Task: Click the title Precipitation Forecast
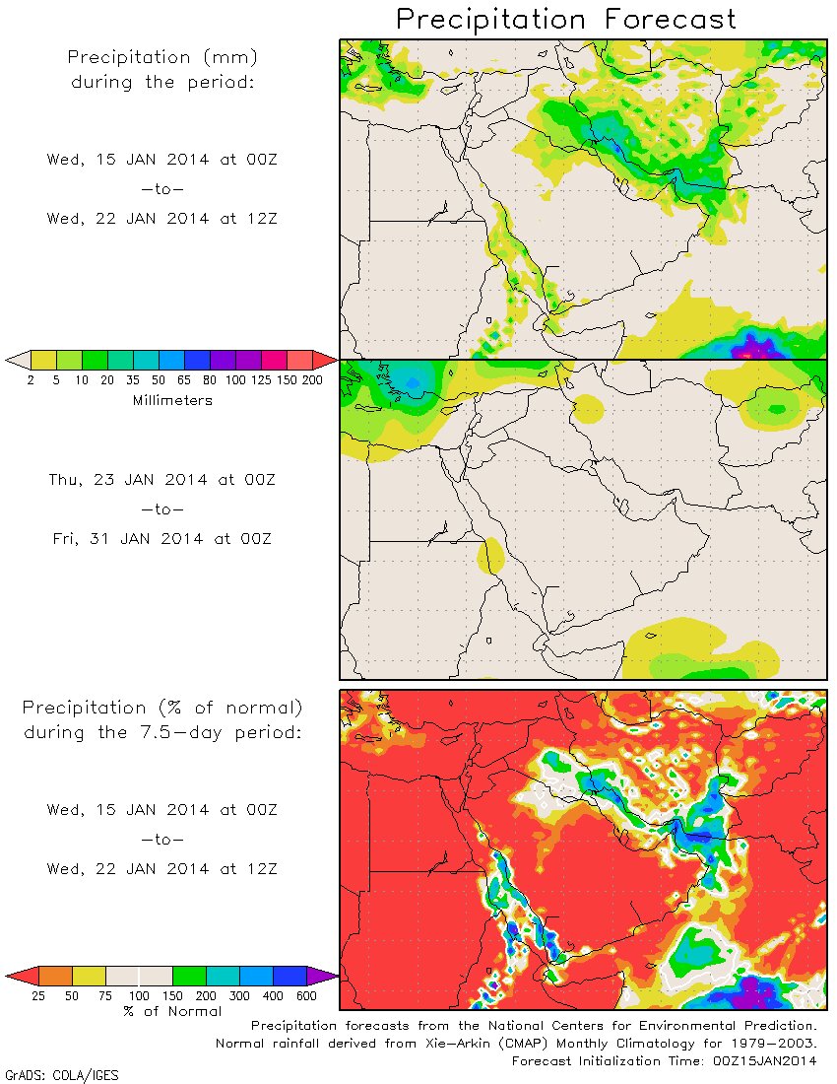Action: click(x=566, y=19)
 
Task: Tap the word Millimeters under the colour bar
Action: click(x=172, y=400)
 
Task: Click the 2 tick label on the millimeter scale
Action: click(x=31, y=381)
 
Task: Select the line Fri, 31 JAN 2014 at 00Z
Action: click(x=163, y=539)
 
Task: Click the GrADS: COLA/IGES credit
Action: click(x=62, y=1075)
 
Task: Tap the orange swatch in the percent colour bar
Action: click(x=56, y=976)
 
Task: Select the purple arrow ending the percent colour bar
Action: click(x=322, y=976)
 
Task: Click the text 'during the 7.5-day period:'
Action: click(x=162, y=732)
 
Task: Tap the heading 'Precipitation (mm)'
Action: click(x=162, y=57)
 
